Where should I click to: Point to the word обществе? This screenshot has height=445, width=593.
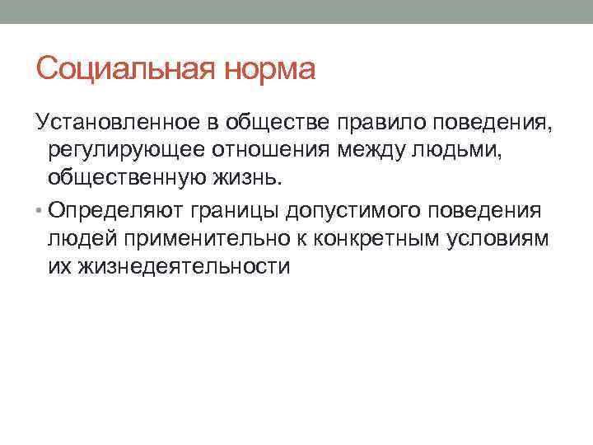pyautogui.click(x=275, y=123)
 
